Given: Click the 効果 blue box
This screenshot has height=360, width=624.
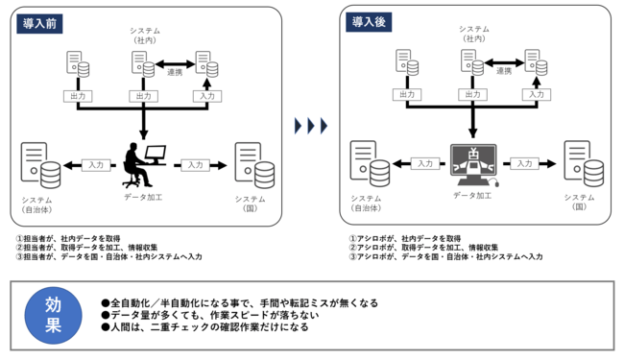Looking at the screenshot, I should [x=54, y=315].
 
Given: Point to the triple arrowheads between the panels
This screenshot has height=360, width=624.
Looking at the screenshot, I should [x=310, y=125].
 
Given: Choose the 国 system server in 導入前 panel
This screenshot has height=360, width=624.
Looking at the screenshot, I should [x=249, y=164].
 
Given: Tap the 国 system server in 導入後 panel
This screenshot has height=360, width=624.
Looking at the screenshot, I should [x=577, y=164].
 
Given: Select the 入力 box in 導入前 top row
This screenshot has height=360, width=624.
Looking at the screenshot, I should [x=204, y=96].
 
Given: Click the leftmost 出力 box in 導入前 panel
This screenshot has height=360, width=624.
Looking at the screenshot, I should [x=78, y=96].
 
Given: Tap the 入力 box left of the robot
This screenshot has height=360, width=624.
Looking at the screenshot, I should [x=425, y=164].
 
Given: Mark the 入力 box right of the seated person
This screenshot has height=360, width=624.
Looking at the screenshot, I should [x=196, y=164].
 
